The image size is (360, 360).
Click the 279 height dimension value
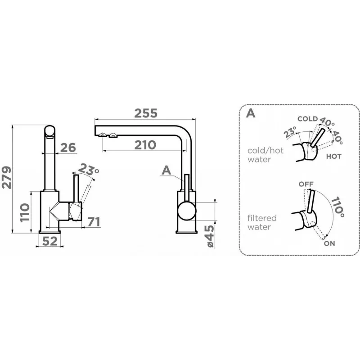[6, 177]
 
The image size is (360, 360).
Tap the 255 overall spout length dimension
[146, 113]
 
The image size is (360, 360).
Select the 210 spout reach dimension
[145, 145]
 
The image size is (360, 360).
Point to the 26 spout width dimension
[68, 148]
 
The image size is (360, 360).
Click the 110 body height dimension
[25, 212]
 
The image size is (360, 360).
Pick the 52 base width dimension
[50, 241]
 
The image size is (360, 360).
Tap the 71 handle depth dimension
[94, 222]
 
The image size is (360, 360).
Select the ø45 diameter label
[210, 236]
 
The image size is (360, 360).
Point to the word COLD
[308, 119]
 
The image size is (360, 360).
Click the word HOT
[334, 157]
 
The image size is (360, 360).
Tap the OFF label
[306, 184]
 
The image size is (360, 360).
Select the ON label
[329, 243]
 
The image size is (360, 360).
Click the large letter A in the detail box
[251, 113]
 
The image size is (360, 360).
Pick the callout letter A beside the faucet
[166, 171]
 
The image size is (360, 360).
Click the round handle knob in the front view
[187, 211]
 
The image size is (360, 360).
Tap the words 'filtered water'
[262, 222]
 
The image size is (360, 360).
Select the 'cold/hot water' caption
[265, 155]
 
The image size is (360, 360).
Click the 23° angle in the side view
[88, 169]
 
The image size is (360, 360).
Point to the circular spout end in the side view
[49, 131]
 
